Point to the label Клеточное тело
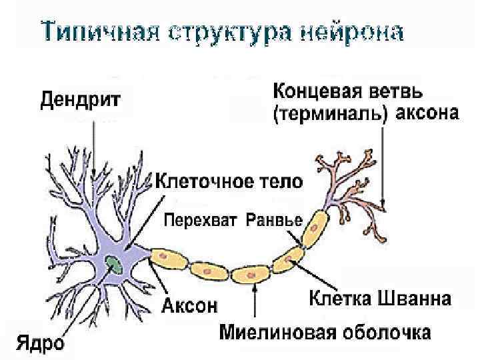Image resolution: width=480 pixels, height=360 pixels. click(x=229, y=181)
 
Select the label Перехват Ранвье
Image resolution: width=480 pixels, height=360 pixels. click(x=233, y=219)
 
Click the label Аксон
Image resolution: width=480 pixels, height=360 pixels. click(x=190, y=306)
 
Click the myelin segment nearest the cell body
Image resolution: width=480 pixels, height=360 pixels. click(x=168, y=259)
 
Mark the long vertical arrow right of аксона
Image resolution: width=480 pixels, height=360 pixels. click(x=383, y=167)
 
